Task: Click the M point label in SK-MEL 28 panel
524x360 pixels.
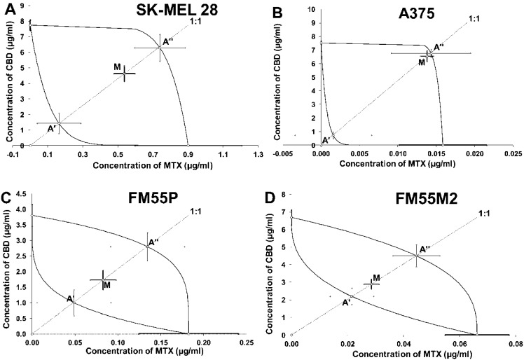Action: (117, 67)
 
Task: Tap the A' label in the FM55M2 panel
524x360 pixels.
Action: (346, 303)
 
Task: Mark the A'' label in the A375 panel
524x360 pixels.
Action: (439, 47)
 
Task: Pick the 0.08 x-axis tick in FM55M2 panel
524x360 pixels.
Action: (513, 345)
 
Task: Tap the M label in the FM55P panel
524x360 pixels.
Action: (107, 284)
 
